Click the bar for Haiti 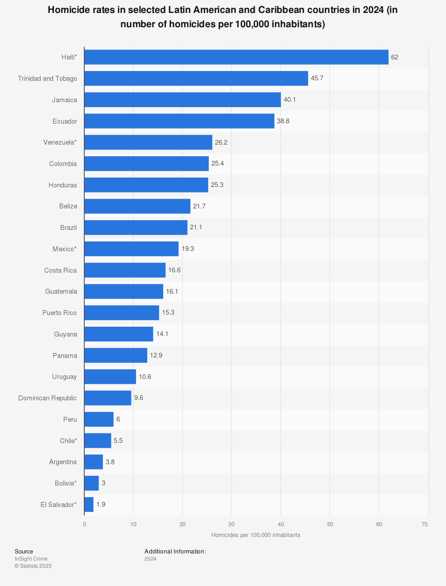[x=236, y=57]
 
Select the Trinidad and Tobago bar [x=196, y=79]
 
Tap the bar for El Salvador [x=89, y=505]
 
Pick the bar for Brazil [x=136, y=228]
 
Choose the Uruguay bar [x=110, y=377]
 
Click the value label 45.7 [x=317, y=79]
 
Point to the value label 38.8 [x=283, y=121]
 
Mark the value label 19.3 [x=188, y=249]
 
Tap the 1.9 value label [x=101, y=505]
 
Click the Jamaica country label [x=64, y=100]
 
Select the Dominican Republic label [x=47, y=398]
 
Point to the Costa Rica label [x=60, y=270]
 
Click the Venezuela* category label [x=60, y=142]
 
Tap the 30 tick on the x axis [x=231, y=524]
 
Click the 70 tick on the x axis [x=425, y=524]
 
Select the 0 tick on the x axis [x=84, y=524]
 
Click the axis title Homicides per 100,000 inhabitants [x=256, y=535]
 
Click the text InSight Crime [x=31, y=559]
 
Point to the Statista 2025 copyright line [x=33, y=566]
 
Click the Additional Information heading [x=175, y=552]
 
